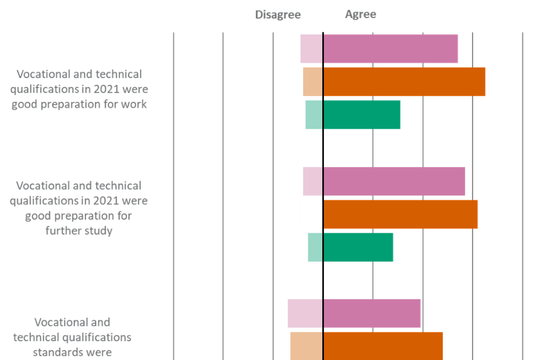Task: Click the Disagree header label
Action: [278, 15]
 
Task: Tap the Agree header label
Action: [361, 15]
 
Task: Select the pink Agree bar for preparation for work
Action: [390, 49]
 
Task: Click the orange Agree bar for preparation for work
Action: [404, 82]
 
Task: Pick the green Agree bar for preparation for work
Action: [362, 115]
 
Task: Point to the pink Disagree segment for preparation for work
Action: [311, 49]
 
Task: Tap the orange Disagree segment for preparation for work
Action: [312, 82]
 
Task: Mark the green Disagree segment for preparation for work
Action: [313, 115]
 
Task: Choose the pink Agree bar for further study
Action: [394, 182]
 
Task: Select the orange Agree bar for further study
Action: [400, 214]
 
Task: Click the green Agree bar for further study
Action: [358, 247]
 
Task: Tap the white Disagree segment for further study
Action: [311, 214]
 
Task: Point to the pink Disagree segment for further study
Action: [312, 182]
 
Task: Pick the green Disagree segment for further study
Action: [314, 247]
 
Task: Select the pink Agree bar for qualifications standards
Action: [372, 313]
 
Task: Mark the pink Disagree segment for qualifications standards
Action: [304, 313]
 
